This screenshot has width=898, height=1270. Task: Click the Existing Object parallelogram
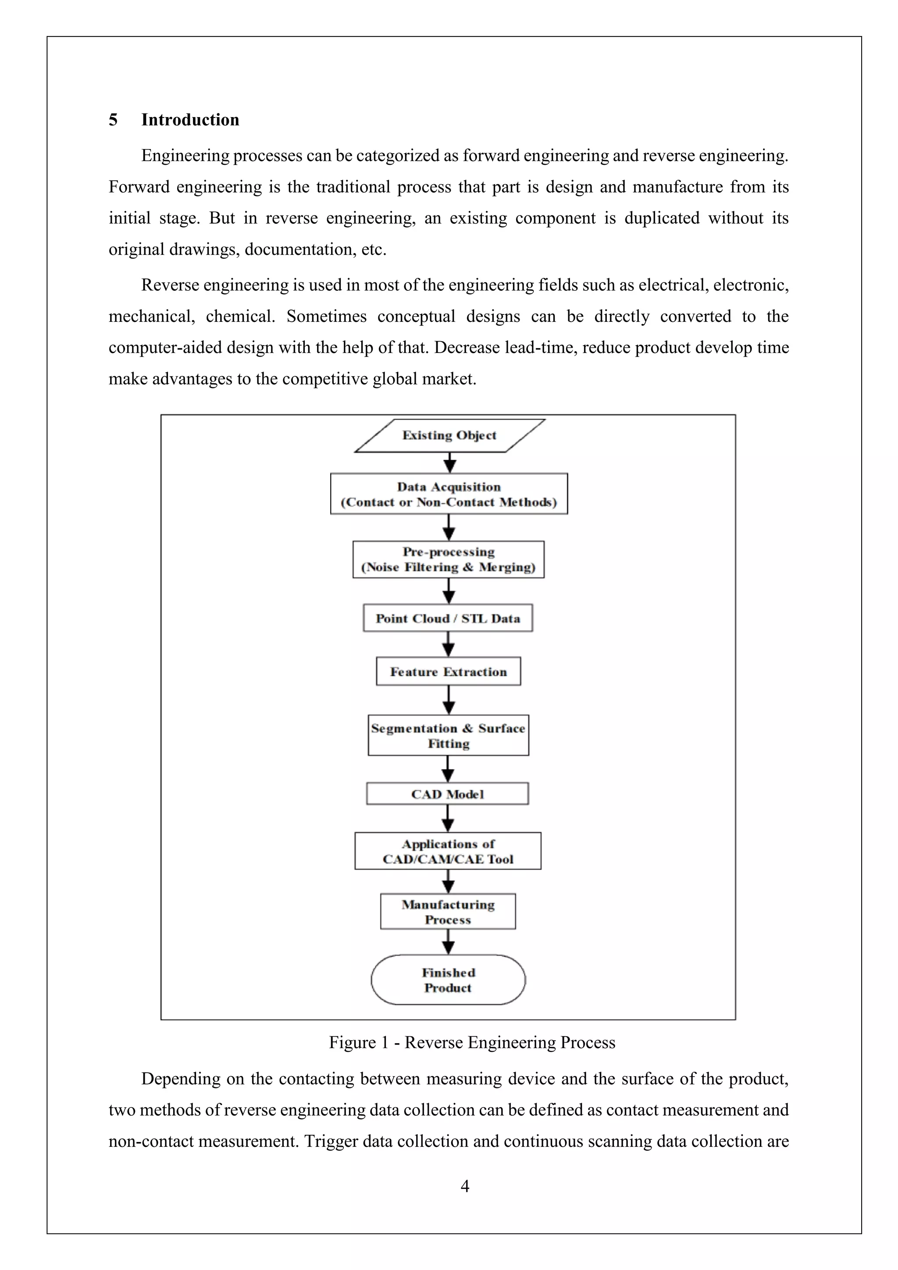tap(449, 435)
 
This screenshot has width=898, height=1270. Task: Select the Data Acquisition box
tap(449, 494)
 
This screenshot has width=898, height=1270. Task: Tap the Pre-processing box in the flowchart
tap(449, 559)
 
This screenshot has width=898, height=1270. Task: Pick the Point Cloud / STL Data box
tap(448, 618)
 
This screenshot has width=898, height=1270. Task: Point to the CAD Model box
tap(447, 794)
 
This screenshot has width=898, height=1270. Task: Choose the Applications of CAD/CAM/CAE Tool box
tap(448, 851)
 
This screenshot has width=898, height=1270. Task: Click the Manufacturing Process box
tap(448, 912)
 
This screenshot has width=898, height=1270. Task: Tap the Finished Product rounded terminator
tap(448, 980)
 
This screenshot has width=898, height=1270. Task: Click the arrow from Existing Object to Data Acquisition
tap(450, 463)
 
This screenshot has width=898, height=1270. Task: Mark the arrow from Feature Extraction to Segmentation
tap(449, 700)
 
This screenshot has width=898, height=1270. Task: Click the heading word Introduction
tap(190, 120)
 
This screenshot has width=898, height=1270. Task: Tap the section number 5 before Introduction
tap(114, 120)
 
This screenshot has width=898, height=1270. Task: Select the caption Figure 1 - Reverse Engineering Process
tap(472, 1043)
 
